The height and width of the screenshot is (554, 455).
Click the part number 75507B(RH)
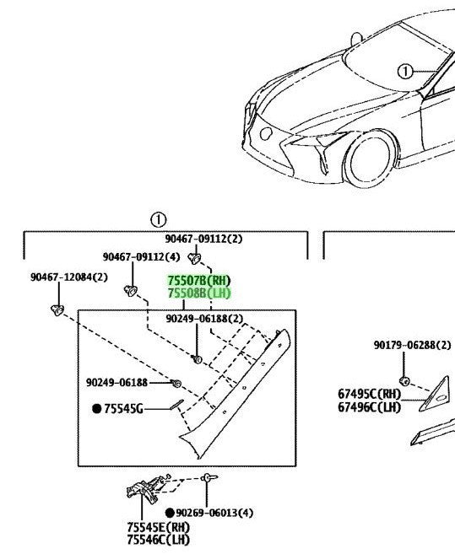coord(199,281)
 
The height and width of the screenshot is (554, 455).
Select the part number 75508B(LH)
coord(199,293)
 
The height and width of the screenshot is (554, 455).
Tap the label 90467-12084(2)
coord(69,277)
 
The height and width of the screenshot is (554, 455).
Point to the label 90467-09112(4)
coord(141,257)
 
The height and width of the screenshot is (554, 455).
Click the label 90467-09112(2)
coord(203,239)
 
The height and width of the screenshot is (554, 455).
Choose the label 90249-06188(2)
coord(204,319)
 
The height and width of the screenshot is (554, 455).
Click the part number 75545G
coord(123,409)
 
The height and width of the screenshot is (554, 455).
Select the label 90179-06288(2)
coord(413,345)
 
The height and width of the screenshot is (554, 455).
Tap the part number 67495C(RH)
coord(370,394)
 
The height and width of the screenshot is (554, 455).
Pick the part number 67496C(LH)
coord(370,407)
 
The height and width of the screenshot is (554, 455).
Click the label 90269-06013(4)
coord(214,513)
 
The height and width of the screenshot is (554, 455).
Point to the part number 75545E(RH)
coord(159,528)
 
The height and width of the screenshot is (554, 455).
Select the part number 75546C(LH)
coord(159,540)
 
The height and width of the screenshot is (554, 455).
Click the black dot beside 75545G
coord(96,409)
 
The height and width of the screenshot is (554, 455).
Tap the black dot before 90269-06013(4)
coord(170,513)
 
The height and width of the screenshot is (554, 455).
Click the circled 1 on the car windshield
coord(405,72)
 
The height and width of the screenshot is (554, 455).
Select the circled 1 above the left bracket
coord(158,220)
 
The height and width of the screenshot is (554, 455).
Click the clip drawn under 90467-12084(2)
coord(57,310)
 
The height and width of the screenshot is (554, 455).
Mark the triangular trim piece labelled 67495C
coord(435,394)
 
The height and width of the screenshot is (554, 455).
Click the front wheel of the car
coord(371,159)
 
